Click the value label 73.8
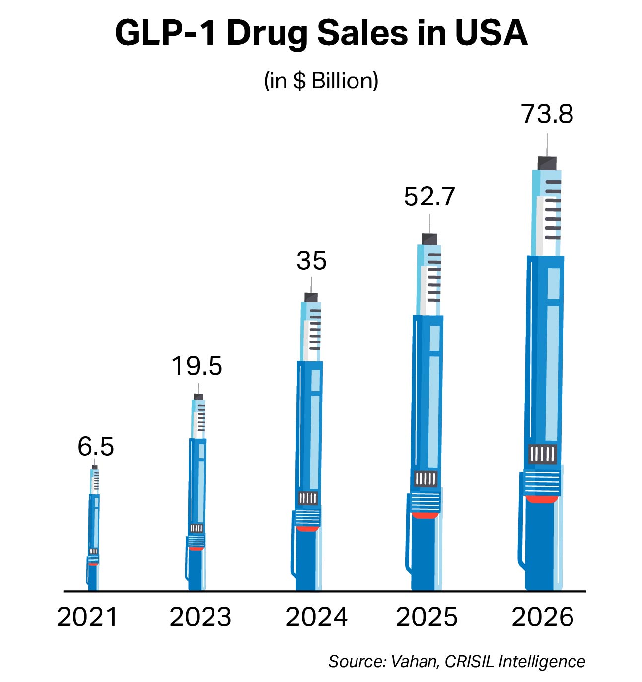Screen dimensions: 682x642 [x=547, y=114]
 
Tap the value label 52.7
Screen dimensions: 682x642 [x=429, y=197]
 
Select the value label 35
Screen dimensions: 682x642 [x=311, y=261]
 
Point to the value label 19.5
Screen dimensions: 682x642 [x=197, y=366]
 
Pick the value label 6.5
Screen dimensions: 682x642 [x=95, y=447]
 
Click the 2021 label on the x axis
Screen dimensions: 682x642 [x=87, y=617]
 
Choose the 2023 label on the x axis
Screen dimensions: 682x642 [x=200, y=617]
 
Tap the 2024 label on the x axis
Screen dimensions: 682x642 [x=316, y=617]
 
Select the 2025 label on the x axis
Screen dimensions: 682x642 [x=427, y=617]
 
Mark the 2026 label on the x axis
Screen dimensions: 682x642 [x=542, y=617]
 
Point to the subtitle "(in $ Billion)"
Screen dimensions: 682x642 [x=321, y=81]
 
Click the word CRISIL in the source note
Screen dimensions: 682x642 [x=469, y=662]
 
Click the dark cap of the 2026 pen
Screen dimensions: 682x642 [x=547, y=163]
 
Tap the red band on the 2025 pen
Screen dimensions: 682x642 [x=425, y=516]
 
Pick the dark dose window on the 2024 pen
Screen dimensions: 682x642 [x=308, y=498]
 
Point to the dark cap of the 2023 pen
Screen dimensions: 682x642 [x=199, y=397]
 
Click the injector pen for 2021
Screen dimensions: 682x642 [x=94, y=532]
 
